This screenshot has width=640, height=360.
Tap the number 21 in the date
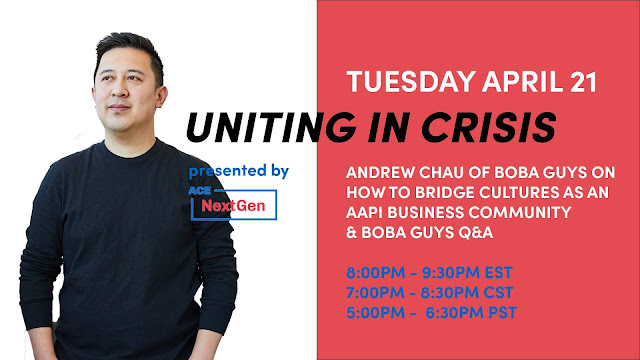point(583,82)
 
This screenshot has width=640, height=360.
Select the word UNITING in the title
point(271,127)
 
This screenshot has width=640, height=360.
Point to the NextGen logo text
point(233,206)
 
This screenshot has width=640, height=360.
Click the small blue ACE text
point(200,191)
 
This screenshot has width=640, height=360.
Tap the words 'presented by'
point(239,171)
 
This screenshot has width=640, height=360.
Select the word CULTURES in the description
point(518,192)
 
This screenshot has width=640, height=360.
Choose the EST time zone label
point(498,272)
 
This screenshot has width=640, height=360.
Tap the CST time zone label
point(498,292)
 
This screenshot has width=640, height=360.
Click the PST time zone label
point(502,313)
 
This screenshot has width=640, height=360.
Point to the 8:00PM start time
point(376,272)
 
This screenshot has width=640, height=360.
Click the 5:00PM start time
point(376,313)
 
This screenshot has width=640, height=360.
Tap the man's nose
point(120,89)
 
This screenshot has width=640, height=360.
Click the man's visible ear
point(161,97)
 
